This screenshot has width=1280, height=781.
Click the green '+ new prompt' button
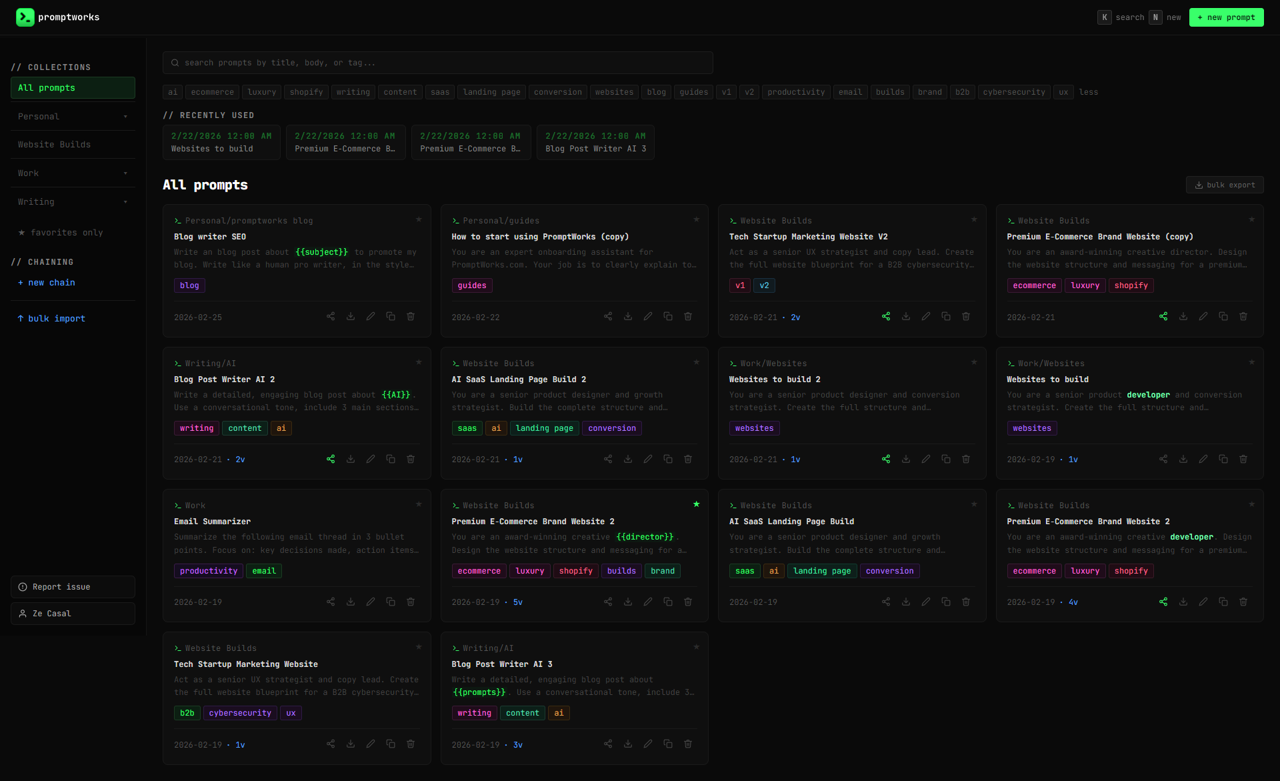point(1226,17)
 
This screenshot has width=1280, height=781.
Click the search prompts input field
point(437,63)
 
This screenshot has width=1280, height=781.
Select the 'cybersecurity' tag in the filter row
point(1013,92)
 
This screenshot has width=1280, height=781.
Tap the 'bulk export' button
point(1225,185)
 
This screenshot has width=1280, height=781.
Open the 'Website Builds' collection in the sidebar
point(54,145)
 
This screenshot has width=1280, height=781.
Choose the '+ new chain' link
point(47,283)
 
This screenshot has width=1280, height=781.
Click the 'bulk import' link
point(51,319)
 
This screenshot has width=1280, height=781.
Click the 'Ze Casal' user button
point(73,614)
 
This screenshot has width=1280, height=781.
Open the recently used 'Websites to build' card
point(221,143)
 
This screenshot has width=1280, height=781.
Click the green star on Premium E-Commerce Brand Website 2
point(696,504)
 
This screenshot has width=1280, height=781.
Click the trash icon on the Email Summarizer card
point(411,602)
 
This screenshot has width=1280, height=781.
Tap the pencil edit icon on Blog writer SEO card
point(371,316)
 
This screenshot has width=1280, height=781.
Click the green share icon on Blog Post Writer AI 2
point(331,459)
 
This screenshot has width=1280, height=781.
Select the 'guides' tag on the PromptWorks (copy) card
point(472,285)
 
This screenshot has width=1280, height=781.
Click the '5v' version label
point(518,602)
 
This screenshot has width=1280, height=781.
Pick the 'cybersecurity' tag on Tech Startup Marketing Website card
point(240,713)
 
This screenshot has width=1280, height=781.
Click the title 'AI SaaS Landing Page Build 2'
point(519,379)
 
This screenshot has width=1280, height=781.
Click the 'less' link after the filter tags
point(1088,92)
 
